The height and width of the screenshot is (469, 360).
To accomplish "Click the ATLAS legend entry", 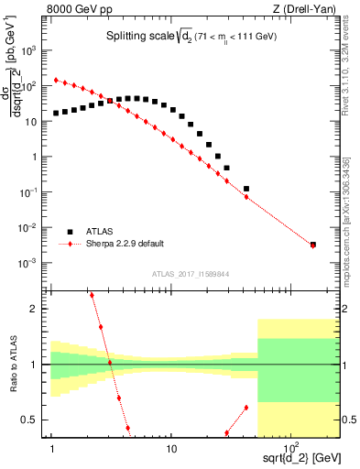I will coord(101,231).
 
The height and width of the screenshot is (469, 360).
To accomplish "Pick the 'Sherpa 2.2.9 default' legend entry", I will coord(124,244).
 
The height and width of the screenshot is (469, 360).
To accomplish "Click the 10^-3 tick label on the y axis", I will coord(34,263).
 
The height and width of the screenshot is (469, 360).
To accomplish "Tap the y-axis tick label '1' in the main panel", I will coord(41,157).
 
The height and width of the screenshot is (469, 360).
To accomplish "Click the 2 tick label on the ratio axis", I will coord(41,309).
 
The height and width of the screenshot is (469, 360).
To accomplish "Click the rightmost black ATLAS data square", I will coord(312,245).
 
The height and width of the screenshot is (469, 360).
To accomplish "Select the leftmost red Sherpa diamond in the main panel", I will coord(56,80).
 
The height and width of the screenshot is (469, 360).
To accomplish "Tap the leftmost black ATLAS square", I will coord(56,114).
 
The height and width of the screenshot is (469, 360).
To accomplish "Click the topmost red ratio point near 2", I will coord(92,295).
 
